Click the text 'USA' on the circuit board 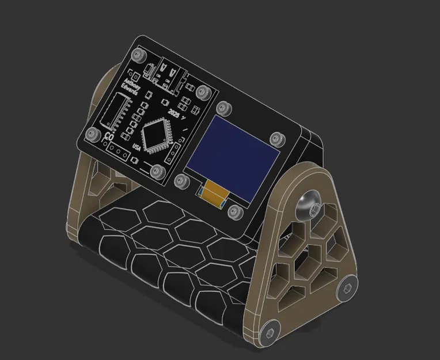click(x=136, y=147)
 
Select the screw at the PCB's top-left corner click(x=136, y=55)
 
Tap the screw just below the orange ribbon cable click(x=235, y=211)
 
